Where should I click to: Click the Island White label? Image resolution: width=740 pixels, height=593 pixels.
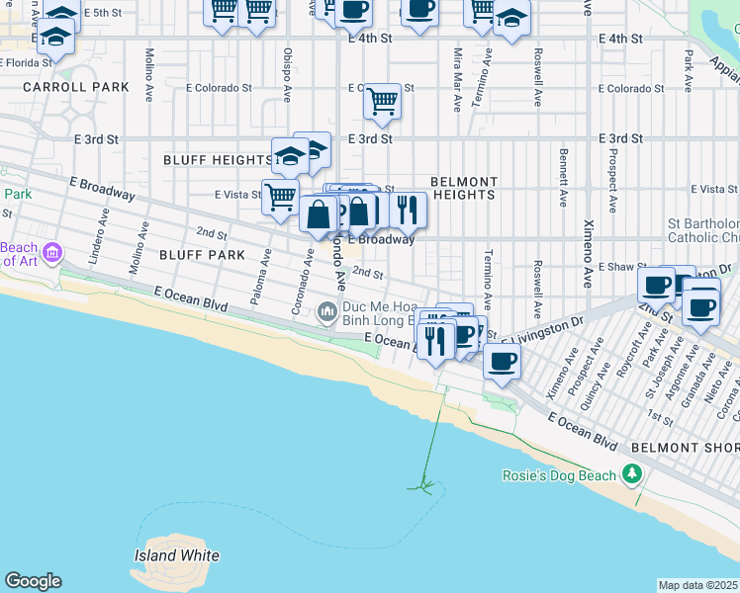(177, 555)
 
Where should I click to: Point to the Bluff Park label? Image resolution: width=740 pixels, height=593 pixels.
(202, 255)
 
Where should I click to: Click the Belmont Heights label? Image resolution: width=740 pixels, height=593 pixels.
(463, 188)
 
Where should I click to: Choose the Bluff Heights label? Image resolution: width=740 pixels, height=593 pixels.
(217, 159)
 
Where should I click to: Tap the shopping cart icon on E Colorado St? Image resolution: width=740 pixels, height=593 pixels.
(381, 100)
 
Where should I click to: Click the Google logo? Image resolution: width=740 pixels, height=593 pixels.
(33, 581)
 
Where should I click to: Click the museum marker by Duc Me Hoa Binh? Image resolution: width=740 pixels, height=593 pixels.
(327, 314)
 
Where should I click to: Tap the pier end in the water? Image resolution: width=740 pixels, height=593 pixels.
(423, 485)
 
